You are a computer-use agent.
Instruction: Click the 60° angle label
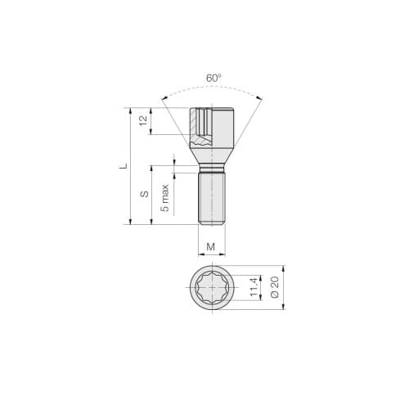(213, 79)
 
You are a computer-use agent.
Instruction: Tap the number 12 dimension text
(144, 120)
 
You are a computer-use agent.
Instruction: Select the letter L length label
(124, 165)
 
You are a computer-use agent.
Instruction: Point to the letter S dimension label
(144, 194)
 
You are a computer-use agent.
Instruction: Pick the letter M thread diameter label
(212, 246)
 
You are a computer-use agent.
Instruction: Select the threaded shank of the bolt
(212, 200)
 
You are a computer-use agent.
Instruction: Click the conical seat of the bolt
(212, 152)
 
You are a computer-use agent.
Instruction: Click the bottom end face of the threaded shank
(212, 223)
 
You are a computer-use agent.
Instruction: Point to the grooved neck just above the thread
(212, 169)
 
